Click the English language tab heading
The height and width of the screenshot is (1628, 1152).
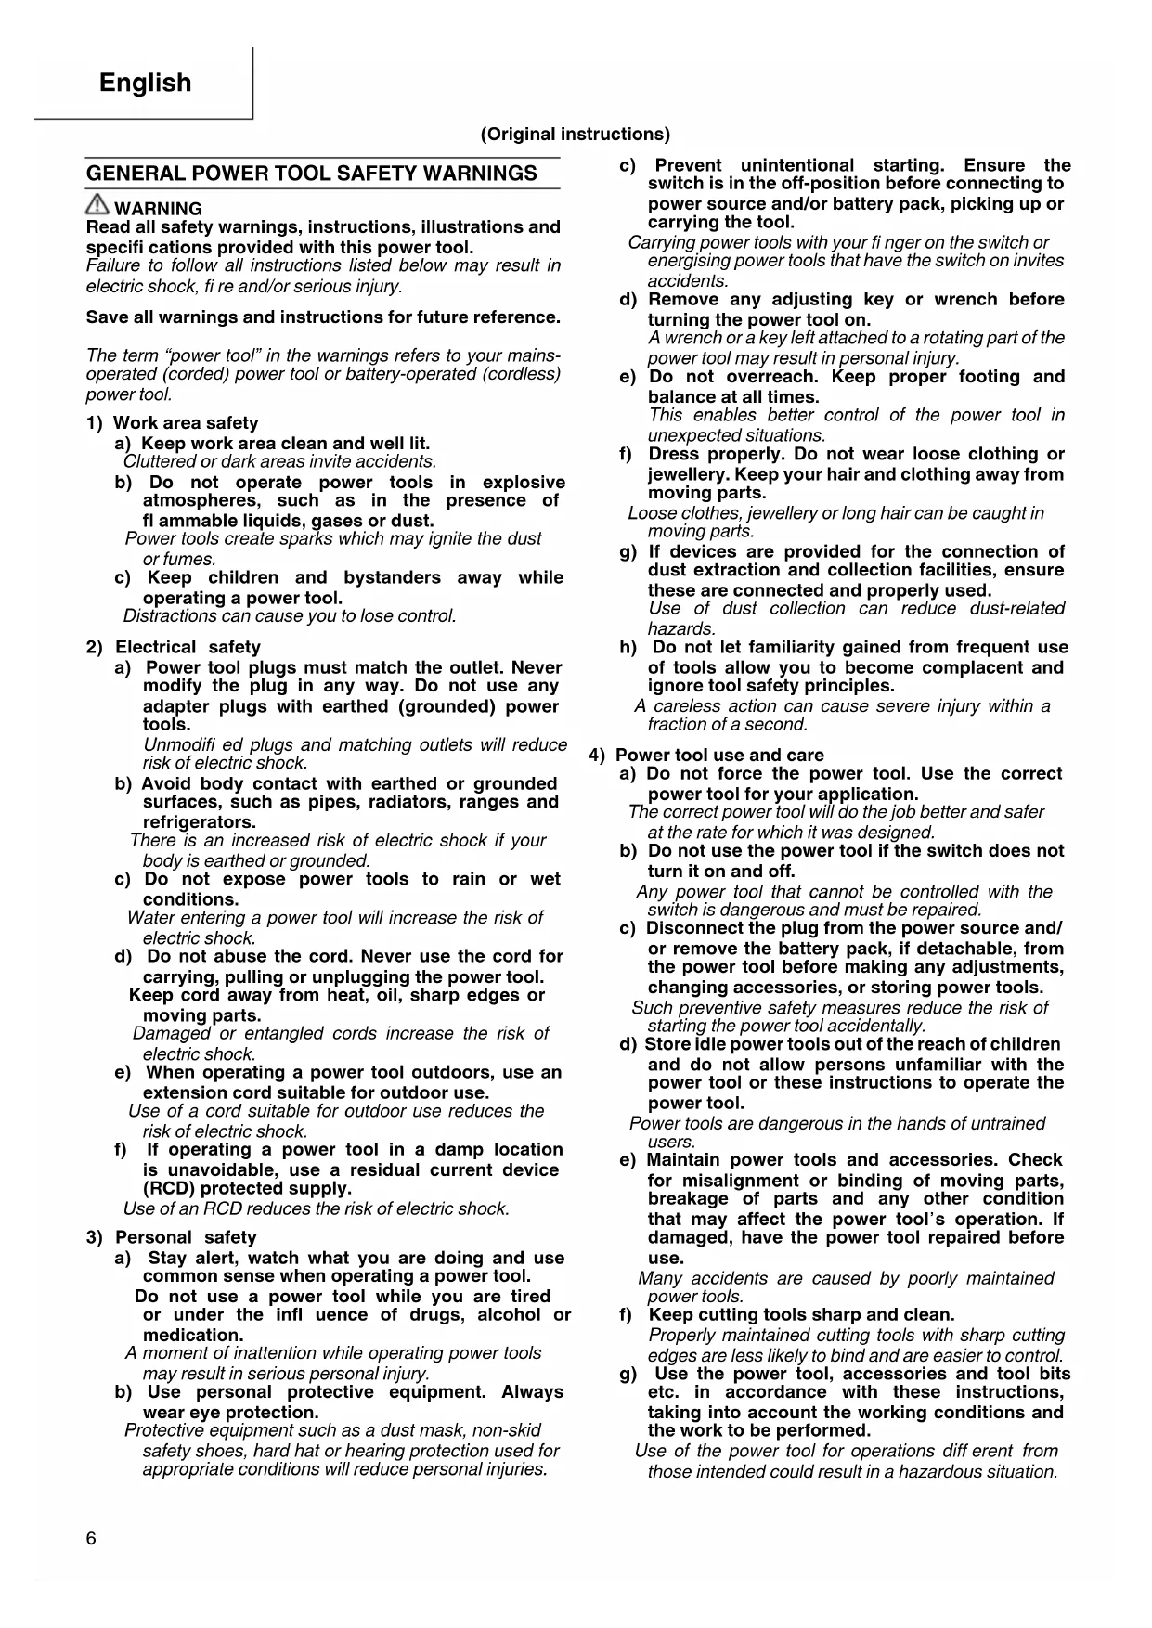[x=145, y=83]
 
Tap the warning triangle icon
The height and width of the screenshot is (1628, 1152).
[x=97, y=206]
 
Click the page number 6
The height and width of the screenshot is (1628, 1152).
[x=91, y=1539]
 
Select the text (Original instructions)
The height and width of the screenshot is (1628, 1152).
[x=575, y=135]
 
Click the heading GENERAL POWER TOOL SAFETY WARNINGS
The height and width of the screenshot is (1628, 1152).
[x=311, y=174]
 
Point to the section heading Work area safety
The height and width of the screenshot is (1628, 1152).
[x=185, y=423]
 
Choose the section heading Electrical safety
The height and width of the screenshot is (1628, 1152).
[x=188, y=647]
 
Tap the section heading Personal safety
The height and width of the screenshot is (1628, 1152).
[x=186, y=1237]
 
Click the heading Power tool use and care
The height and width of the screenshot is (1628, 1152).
[x=719, y=755]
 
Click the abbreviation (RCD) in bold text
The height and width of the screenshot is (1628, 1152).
[x=169, y=1189]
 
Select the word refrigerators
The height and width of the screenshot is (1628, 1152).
[x=199, y=822]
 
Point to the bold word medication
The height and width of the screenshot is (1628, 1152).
[x=192, y=1335]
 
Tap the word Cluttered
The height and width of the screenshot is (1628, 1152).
[x=159, y=462]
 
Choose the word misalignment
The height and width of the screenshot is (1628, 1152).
[x=740, y=1181]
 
